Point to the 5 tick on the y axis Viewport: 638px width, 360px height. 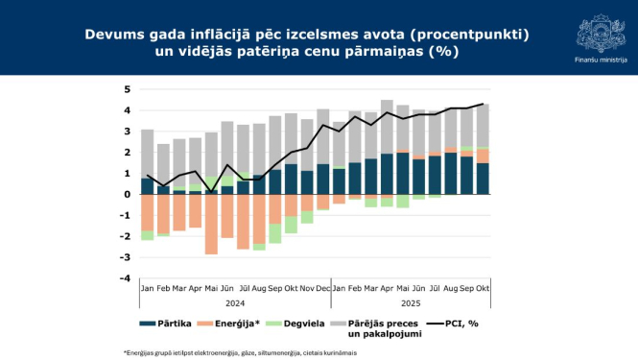(x=128, y=90)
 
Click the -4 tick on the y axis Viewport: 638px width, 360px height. (x=126, y=278)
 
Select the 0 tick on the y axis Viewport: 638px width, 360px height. (x=128, y=195)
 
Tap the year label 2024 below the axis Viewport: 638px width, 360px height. (x=234, y=300)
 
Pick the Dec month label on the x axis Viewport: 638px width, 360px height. (x=322, y=287)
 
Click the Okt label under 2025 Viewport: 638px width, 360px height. (x=482, y=287)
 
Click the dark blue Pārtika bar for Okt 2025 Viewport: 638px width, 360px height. (x=482, y=179)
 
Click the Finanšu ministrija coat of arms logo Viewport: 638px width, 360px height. (x=600, y=31)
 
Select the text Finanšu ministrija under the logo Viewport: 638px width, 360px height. (x=600, y=60)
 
